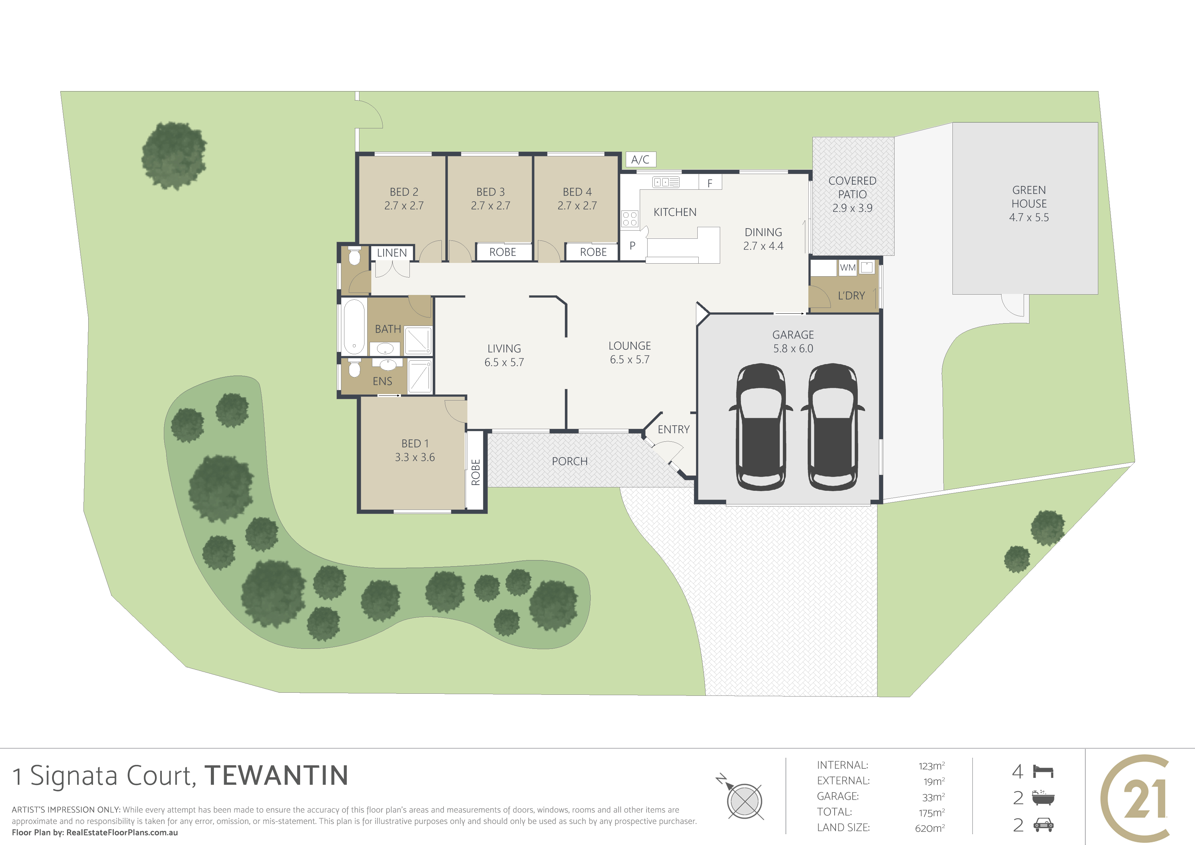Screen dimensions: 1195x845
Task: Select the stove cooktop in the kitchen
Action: click(630, 219)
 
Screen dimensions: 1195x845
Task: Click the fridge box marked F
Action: click(710, 183)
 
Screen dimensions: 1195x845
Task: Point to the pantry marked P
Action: click(632, 246)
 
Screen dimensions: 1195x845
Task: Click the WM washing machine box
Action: click(848, 267)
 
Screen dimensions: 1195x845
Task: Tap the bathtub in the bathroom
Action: click(354, 327)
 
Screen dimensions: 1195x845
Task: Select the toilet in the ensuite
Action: click(354, 367)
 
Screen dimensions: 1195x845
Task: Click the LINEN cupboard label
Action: click(392, 253)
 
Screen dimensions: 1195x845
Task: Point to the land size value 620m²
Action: click(930, 828)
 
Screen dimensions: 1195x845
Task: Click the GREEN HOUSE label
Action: click(1029, 197)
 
